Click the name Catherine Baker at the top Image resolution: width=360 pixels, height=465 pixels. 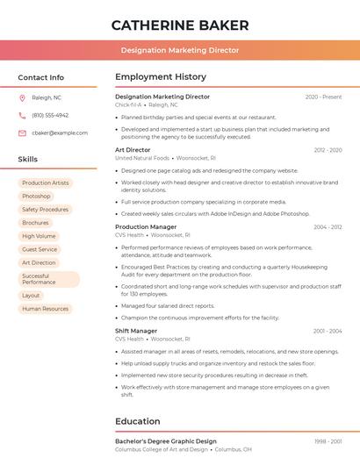180,25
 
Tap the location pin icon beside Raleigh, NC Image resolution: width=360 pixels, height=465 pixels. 22,98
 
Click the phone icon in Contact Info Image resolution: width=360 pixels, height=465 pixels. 22,115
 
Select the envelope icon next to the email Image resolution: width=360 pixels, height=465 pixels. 22,132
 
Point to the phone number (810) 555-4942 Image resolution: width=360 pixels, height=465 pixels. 50,115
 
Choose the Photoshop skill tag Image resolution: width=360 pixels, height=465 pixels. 36,197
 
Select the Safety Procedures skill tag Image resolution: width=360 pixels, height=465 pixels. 45,210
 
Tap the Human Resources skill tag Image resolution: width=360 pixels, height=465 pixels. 45,309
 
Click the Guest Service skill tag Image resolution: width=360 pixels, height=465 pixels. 40,249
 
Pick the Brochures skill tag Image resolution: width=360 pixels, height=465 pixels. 35,223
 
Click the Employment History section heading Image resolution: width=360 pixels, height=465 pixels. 160,77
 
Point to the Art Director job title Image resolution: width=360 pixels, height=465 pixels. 133,150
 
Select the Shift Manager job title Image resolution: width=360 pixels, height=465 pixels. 136,331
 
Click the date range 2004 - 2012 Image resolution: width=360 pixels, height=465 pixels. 328,227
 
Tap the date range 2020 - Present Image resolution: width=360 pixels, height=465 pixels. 323,97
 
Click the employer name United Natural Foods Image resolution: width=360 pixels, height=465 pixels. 142,158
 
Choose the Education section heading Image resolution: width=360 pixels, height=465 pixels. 137,421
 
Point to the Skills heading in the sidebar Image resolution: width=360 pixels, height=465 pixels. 28,160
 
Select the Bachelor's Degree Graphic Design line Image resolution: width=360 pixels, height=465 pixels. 166,441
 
